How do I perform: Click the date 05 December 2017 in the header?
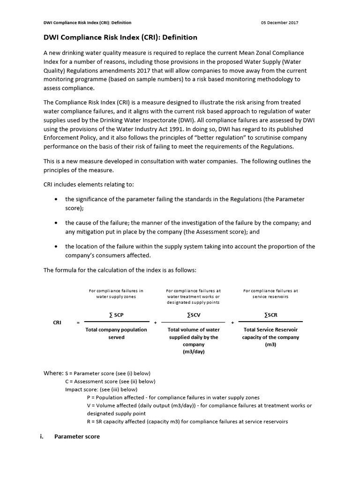pyautogui.click(x=279, y=22)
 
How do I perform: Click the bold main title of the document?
pyautogui.click(x=120, y=37)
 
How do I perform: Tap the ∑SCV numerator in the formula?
pyautogui.click(x=193, y=315)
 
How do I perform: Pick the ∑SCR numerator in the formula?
pyautogui.click(x=270, y=315)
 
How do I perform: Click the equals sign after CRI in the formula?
pyautogui.click(x=78, y=323)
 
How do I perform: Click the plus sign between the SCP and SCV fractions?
pyautogui.click(x=155, y=323)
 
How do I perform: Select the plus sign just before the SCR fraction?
pyautogui.click(x=232, y=323)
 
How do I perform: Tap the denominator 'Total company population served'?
pyautogui.click(x=116, y=333)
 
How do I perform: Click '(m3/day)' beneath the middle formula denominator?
pyautogui.click(x=193, y=352)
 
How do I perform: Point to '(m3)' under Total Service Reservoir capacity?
pyautogui.click(x=270, y=344)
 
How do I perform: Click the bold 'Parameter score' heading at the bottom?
pyautogui.click(x=77, y=436)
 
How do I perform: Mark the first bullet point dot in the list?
pyautogui.click(x=56, y=199)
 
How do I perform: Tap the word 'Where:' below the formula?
pyautogui.click(x=53, y=373)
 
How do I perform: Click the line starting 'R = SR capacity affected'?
pyautogui.click(x=187, y=421)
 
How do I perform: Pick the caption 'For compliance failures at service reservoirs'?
pyautogui.click(x=270, y=293)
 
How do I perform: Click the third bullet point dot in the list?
pyautogui.click(x=56, y=247)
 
